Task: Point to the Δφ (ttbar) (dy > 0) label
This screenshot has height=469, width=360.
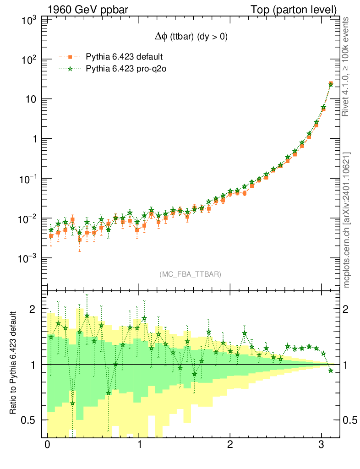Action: pos(191,38)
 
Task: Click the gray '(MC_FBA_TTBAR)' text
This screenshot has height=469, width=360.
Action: pos(191,274)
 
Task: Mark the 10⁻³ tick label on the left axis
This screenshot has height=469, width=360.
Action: pos(28,259)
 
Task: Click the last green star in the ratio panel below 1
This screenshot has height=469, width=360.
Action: pos(331,371)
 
